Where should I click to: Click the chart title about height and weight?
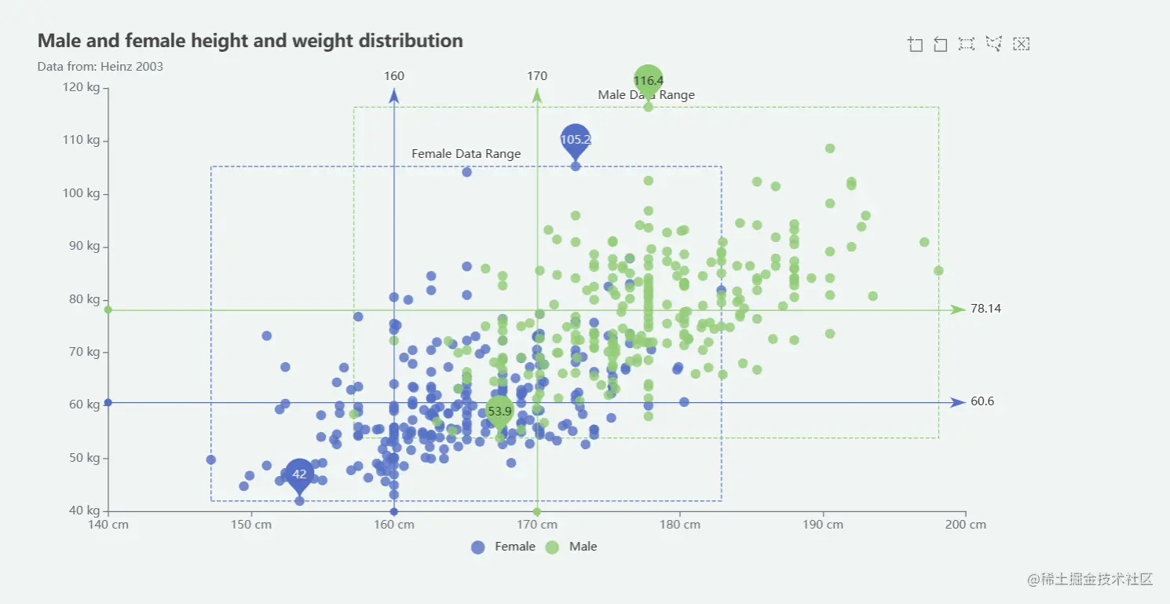pos(250,41)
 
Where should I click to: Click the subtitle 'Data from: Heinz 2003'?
pos(100,67)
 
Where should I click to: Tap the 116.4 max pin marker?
pos(649,80)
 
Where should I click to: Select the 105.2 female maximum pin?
pos(575,139)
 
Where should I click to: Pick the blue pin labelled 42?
pos(299,474)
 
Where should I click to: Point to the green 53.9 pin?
pos(499,410)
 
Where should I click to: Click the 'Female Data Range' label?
pos(466,154)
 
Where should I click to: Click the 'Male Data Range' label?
pos(646,95)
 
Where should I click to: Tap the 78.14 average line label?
pos(985,309)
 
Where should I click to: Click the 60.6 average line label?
pos(982,401)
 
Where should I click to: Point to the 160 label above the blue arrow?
pos(394,76)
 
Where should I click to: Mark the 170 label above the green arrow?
pos(537,76)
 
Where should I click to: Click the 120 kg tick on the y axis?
pos(82,87)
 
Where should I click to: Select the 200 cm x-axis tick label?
pos(965,525)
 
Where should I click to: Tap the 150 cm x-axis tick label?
pos(251,525)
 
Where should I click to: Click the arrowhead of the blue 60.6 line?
pos(957,402)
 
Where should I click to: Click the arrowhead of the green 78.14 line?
pos(957,309)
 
